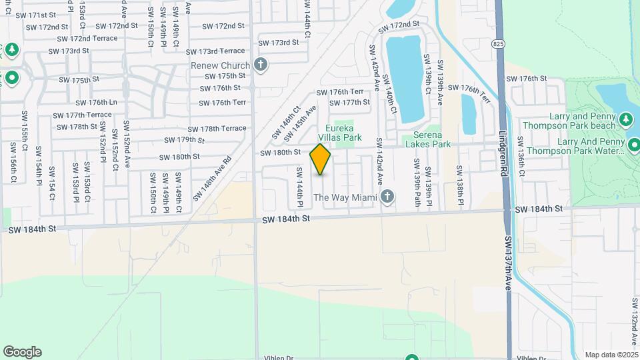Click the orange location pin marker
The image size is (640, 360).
point(320,159)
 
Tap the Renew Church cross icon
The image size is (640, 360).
point(261,65)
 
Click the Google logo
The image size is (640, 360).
point(22,352)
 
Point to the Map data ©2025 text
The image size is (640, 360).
point(611,355)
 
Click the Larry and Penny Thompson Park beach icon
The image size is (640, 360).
point(625,119)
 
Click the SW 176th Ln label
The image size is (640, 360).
point(97,103)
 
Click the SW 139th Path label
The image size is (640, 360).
point(417,180)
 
